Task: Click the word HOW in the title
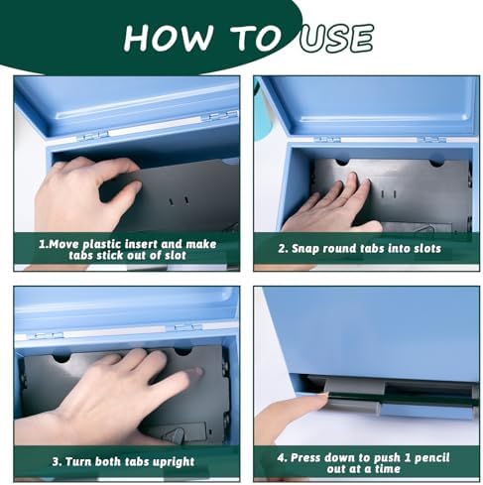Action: pyautogui.click(x=168, y=38)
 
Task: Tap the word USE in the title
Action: pyautogui.click(x=336, y=38)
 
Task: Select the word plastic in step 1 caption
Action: pyautogui.click(x=102, y=245)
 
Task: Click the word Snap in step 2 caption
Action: pyautogui.click(x=304, y=249)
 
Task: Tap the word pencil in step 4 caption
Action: pyautogui.click(x=431, y=458)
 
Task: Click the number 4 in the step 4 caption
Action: pyautogui.click(x=282, y=458)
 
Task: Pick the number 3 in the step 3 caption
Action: pyautogui.click(x=56, y=461)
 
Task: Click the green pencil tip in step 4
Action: pyautogui.click(x=324, y=393)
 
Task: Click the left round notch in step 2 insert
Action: pyautogui.click(x=342, y=162)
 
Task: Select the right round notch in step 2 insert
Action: pyautogui.click(x=436, y=163)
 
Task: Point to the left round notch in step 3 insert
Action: pyautogui.click(x=61, y=357)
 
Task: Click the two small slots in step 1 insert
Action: pyautogui.click(x=179, y=200)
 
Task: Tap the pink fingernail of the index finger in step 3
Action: pyautogui.click(x=196, y=372)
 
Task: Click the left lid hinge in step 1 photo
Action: pyautogui.click(x=94, y=136)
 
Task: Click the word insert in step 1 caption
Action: pyautogui.click(x=143, y=244)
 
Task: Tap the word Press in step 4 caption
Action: pyautogui.click(x=305, y=458)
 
